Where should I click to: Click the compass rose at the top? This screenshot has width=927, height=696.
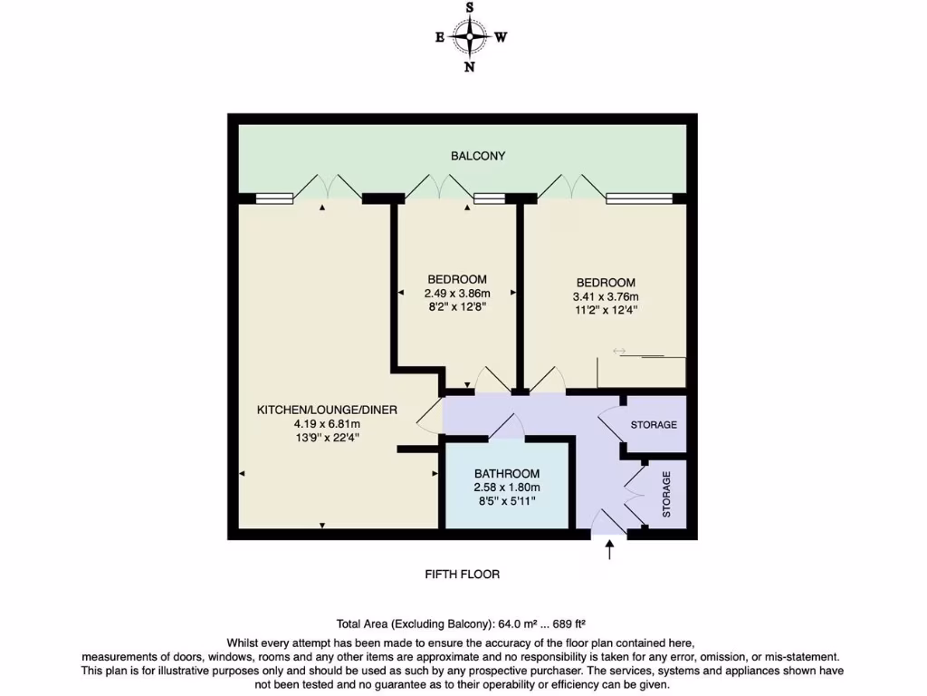point(469,37)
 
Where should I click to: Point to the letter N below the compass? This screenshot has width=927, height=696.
point(469,67)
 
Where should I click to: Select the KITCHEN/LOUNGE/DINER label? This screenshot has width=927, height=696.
point(327,410)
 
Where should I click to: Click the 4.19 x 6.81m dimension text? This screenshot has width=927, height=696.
point(327,424)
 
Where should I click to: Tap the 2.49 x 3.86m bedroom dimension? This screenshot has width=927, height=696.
point(457,294)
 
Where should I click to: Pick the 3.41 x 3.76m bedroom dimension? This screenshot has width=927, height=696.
point(606,297)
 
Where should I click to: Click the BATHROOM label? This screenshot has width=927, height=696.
point(507,473)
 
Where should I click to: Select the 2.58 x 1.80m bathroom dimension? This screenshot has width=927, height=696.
point(507,488)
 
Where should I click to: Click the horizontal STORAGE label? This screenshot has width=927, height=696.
point(654,424)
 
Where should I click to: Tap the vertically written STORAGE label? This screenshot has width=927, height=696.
point(667,494)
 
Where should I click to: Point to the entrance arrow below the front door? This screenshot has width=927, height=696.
point(608,549)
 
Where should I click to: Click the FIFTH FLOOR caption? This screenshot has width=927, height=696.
point(463,575)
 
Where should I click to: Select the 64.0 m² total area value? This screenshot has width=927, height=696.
point(517,623)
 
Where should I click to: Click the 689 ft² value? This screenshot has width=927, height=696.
point(569,623)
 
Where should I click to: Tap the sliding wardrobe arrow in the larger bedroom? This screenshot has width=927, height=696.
point(619,351)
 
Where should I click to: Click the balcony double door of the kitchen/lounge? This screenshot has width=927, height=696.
point(328,185)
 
